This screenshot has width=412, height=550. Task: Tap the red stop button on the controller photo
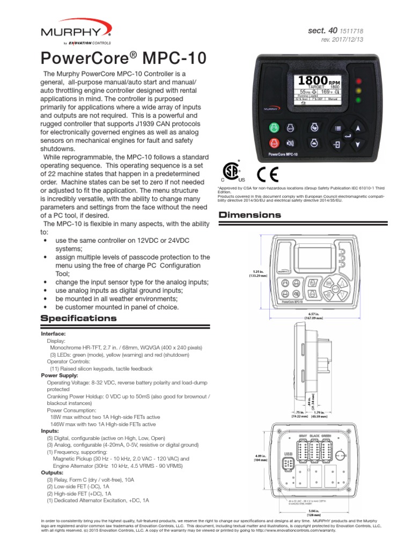point(274,144)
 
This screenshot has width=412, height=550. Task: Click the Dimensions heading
point(249,215)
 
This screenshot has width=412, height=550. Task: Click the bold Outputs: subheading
point(52,472)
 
